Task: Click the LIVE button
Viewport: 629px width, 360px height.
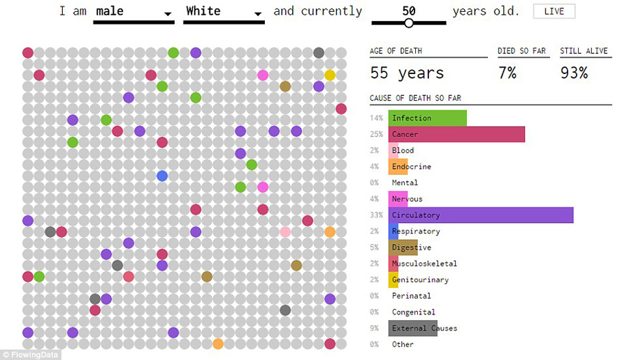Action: [554, 11]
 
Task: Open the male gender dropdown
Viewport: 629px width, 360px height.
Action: [133, 13]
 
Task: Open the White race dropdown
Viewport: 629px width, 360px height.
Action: [223, 13]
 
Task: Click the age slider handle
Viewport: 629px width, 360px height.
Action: [409, 23]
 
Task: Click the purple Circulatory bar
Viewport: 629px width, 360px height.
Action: [481, 215]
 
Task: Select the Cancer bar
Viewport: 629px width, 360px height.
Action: [456, 134]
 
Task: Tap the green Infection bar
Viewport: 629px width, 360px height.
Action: [428, 118]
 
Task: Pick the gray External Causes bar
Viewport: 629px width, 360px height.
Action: [413, 329]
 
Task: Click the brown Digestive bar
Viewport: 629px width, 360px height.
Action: [403, 247]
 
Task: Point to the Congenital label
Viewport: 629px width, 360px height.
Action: [413, 312]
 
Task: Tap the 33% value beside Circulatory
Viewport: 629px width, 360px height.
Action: [377, 215]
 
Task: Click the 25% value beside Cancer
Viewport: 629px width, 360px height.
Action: [377, 134]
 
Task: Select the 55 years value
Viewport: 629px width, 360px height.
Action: [407, 73]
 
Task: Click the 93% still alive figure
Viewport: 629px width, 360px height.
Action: [574, 73]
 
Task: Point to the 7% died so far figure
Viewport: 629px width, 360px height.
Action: [507, 73]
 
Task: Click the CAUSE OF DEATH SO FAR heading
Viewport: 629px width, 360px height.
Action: [415, 98]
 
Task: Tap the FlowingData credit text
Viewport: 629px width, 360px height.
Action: [31, 354]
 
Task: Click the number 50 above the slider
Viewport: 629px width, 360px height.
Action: [409, 11]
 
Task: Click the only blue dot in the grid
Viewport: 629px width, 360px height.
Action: [162, 175]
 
